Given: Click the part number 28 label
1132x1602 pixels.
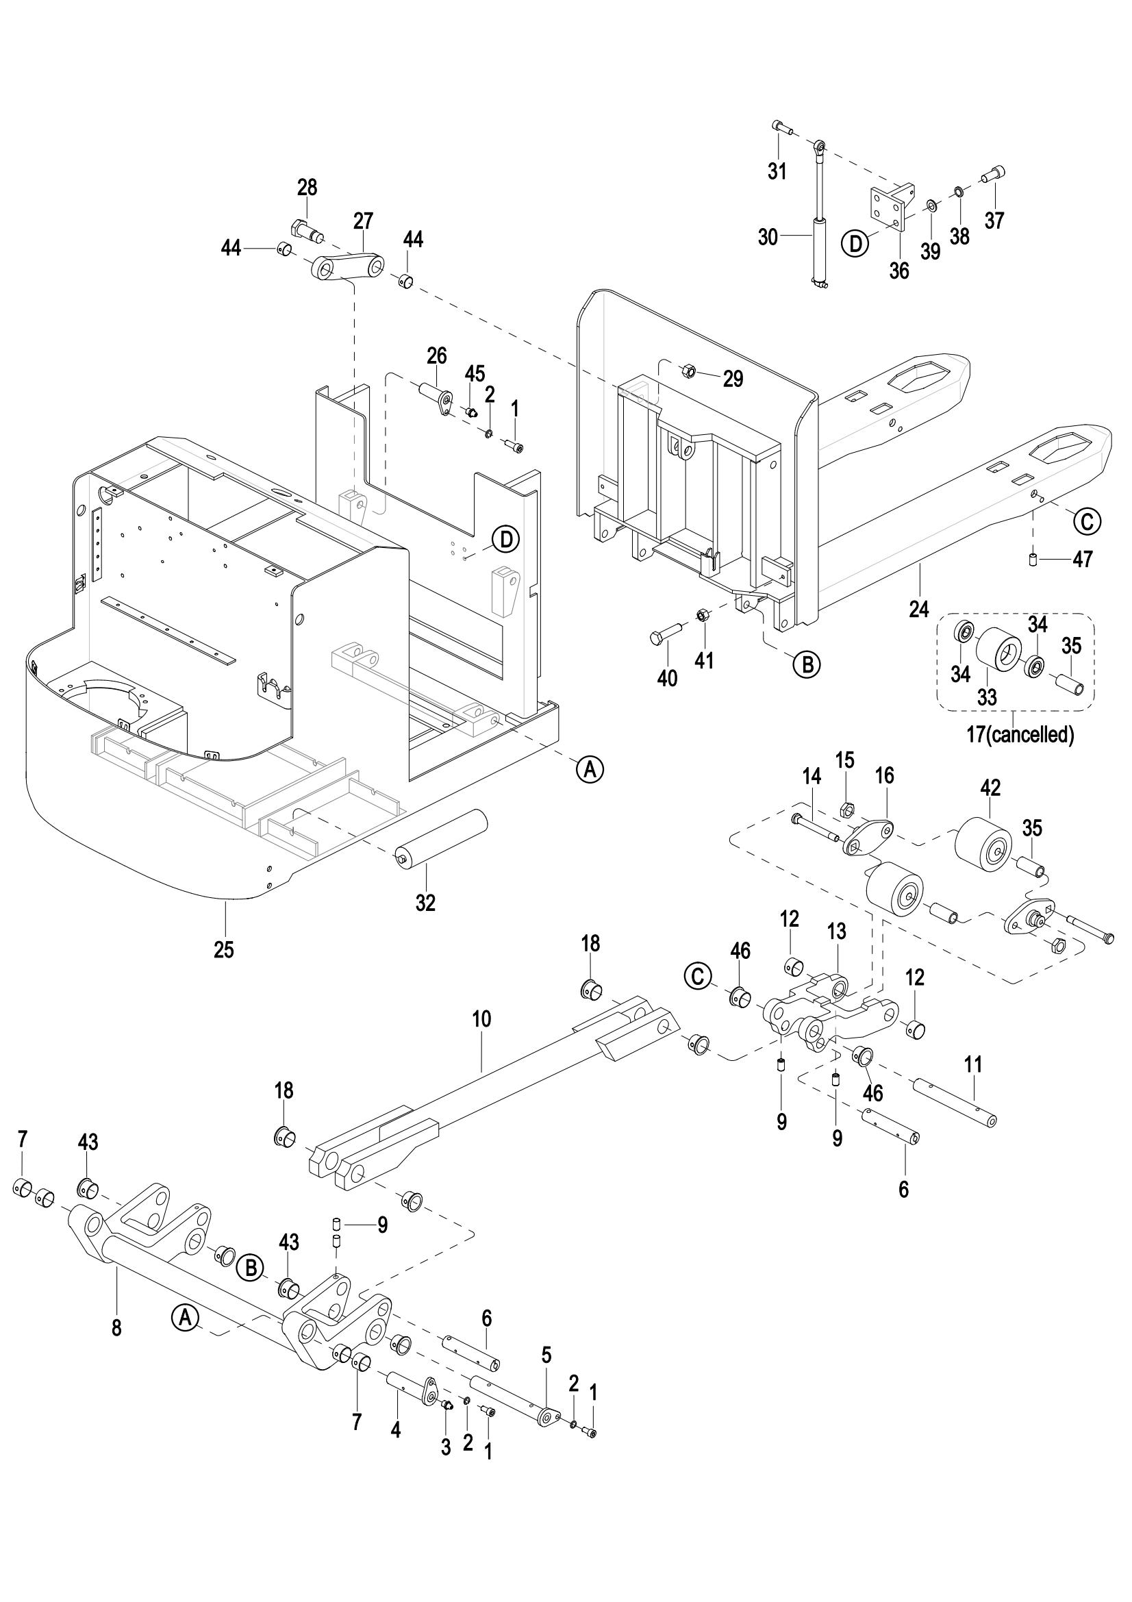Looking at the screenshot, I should pyautogui.click(x=307, y=188).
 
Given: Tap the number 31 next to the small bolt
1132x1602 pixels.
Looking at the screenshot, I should pyautogui.click(x=777, y=171).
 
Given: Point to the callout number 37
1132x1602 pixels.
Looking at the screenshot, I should pyautogui.click(x=994, y=220).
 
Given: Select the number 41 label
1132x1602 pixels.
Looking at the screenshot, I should pyautogui.click(x=705, y=660).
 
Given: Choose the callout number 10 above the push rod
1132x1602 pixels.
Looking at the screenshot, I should pyautogui.click(x=481, y=1019).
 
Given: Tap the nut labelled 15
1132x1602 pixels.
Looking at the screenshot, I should pyautogui.click(x=846, y=810).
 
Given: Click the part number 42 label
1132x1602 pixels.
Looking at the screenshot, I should pyautogui.click(x=990, y=788).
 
